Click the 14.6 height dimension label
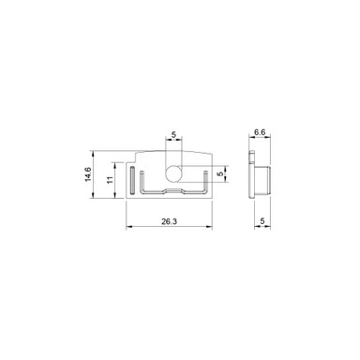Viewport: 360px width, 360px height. point(89,175)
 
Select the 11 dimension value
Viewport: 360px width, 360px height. point(110,179)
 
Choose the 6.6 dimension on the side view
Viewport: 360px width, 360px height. point(262,133)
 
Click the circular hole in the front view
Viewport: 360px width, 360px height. point(173,174)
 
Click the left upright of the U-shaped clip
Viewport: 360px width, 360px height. point(142,182)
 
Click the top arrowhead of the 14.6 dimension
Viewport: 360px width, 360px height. point(97,154)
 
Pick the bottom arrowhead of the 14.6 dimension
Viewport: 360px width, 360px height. point(97,198)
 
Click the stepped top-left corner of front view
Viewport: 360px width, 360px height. point(138,155)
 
